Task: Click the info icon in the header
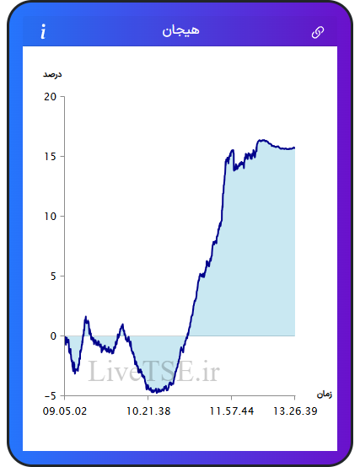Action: tap(43, 31)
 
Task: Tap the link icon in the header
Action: tap(318, 32)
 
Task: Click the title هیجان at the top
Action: tap(180, 30)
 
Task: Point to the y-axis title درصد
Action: tap(52, 74)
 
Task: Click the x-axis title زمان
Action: tap(325, 395)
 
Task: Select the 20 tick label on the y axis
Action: tap(50, 96)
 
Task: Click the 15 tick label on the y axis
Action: tap(50, 156)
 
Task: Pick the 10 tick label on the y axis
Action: tap(50, 217)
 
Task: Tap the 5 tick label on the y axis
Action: tap(53, 276)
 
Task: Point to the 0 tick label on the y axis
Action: tap(53, 336)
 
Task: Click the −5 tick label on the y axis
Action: tap(51, 396)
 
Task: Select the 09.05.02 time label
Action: tap(65, 411)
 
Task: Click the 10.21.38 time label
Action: tap(148, 411)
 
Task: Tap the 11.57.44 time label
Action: tap(232, 411)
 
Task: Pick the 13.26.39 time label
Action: tap(295, 411)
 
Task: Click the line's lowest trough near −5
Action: tap(156, 391)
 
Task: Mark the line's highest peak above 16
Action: tap(261, 140)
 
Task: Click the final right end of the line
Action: tap(294, 148)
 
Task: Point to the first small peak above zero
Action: tap(86, 318)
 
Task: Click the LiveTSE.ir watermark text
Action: tap(154, 371)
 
